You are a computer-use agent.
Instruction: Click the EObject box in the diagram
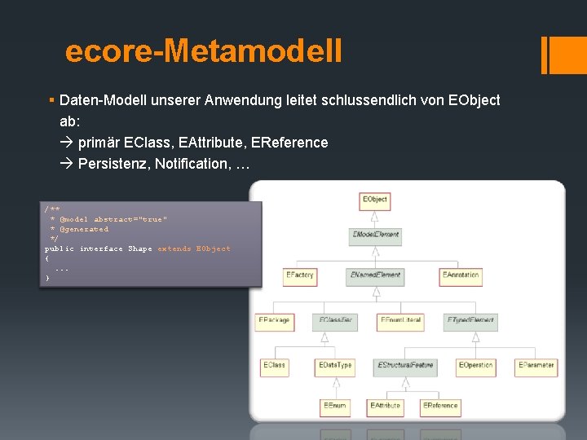point(375,199)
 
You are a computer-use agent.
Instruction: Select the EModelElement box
point(375,235)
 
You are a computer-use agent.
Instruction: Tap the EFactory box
point(299,275)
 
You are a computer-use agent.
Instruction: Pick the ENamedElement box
point(375,275)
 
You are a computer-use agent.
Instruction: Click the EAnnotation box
point(461,275)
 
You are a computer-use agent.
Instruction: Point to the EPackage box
point(274,321)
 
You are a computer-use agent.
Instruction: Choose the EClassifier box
point(336,321)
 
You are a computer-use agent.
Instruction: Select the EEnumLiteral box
point(400,321)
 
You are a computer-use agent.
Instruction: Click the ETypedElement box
point(470,321)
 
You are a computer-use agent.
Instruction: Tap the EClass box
point(274,365)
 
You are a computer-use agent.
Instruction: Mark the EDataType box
point(335,365)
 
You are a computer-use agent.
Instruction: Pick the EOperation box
point(475,365)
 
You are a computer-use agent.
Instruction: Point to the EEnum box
point(334,405)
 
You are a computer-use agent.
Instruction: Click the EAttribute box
point(386,405)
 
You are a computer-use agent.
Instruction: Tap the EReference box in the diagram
point(440,405)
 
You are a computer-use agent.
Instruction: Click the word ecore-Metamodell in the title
point(204,51)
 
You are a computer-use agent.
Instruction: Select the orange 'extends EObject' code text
point(194,249)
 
